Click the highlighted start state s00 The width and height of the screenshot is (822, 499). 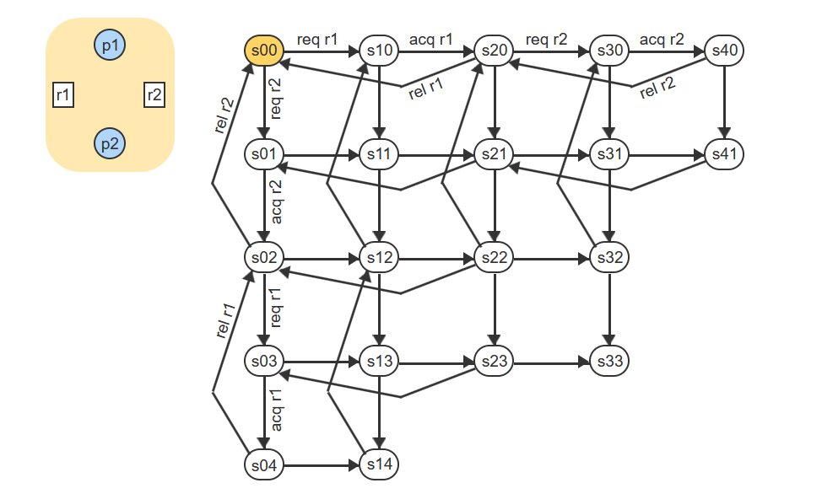pos(264,51)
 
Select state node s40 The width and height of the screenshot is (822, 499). pos(724,51)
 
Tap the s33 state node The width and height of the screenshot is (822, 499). pos(608,361)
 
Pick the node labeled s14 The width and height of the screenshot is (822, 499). pos(379,464)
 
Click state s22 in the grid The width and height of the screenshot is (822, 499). pos(494,257)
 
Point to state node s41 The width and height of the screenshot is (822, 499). pos(724,154)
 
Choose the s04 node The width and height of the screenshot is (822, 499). pos(264,464)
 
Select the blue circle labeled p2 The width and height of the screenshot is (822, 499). pos(110,143)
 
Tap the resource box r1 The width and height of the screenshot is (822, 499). pos(63,95)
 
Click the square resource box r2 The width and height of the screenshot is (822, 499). pos(154,95)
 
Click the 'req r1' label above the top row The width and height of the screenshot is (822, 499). pos(317,39)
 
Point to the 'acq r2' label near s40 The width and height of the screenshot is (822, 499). pos(662,39)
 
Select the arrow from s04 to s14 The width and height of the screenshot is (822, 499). pos(321,464)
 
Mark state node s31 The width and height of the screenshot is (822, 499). pos(608,154)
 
